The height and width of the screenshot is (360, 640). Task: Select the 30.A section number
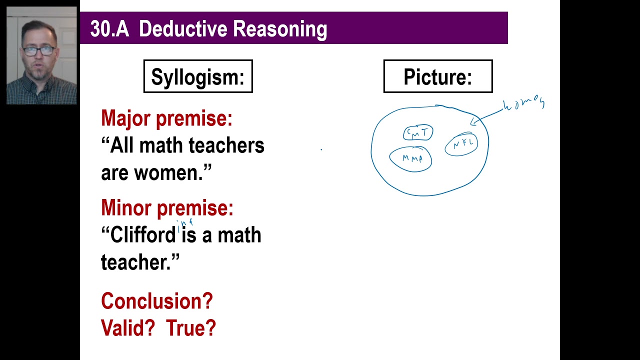point(109,29)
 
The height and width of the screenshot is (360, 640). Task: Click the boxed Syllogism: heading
point(198,76)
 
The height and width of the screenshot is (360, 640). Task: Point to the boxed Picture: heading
point(437,76)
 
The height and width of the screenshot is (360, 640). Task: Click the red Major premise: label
point(166,118)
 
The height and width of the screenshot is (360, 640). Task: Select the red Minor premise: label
point(167,207)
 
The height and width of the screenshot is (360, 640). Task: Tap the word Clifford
point(143,234)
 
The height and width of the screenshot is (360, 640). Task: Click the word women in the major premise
point(167,173)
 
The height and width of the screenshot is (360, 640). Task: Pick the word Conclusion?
point(157,301)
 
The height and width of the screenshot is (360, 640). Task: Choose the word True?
point(191,328)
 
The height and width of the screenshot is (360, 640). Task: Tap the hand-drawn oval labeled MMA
point(411,159)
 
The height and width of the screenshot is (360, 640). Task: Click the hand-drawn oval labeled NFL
point(461,144)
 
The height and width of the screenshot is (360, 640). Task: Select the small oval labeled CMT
point(418,133)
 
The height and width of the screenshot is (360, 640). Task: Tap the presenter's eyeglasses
point(39,50)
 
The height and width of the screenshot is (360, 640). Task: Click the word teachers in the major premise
point(226,145)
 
